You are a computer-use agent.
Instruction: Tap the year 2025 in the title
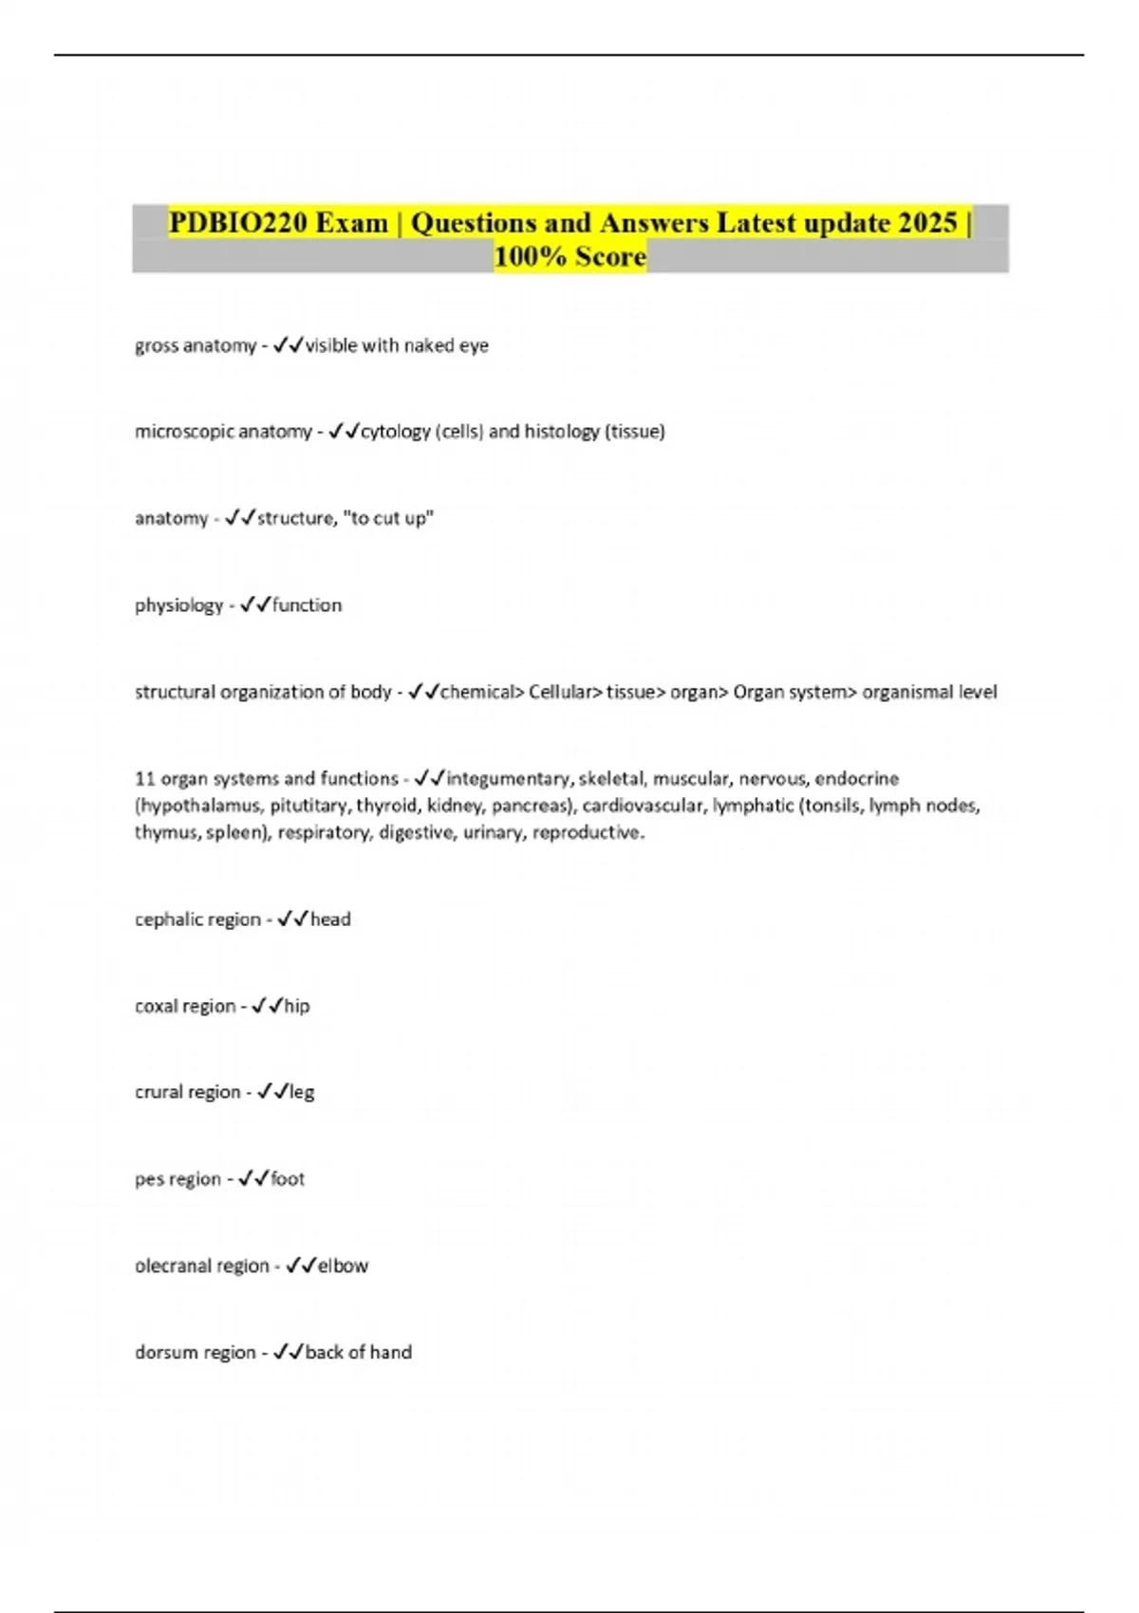[927, 223]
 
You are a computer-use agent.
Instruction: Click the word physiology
[178, 605]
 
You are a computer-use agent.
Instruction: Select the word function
[307, 605]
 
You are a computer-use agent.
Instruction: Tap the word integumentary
[509, 779]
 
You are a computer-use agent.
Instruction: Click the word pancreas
[530, 806]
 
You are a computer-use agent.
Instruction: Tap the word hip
[297, 1006]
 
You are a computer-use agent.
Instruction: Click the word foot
[288, 1179]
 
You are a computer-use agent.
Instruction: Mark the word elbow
[343, 1266]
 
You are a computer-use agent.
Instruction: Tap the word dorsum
[164, 1352]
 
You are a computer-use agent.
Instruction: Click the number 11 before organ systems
[144, 779]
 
